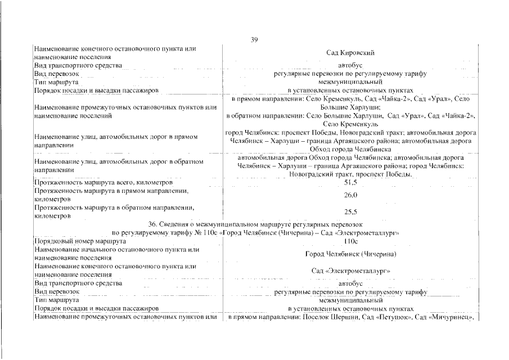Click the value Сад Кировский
[x=350, y=53]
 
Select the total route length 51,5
[x=350, y=183]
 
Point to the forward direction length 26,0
[x=350, y=195]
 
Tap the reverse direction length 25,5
[x=350, y=211]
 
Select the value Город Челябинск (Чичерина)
[x=350, y=254]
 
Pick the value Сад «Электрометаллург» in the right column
[x=350, y=271]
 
